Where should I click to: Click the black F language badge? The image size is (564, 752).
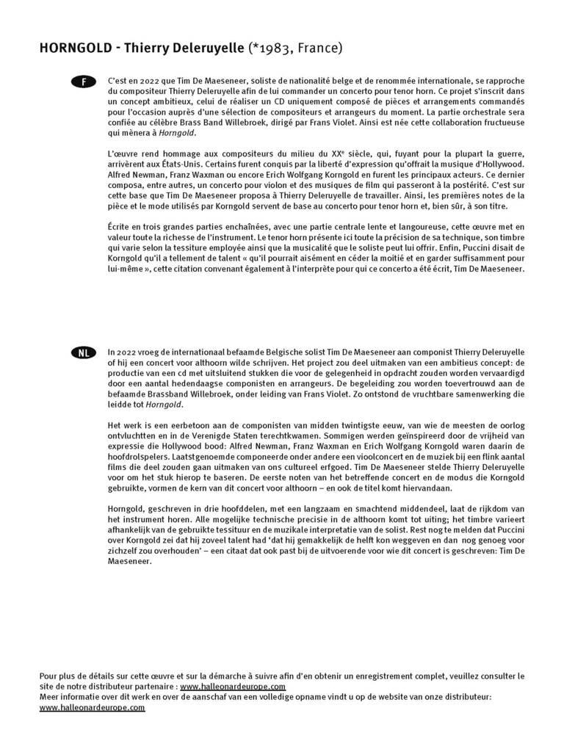[x=83, y=82]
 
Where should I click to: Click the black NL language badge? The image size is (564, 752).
[x=83, y=353]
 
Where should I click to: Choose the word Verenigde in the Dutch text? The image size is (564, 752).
[x=208, y=437]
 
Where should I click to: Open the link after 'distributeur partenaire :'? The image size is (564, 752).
[x=233, y=686]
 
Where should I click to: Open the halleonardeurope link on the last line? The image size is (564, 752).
[x=92, y=707]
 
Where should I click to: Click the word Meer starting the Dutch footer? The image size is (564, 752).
[x=49, y=697]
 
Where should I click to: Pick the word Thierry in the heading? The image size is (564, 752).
[x=149, y=48]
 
